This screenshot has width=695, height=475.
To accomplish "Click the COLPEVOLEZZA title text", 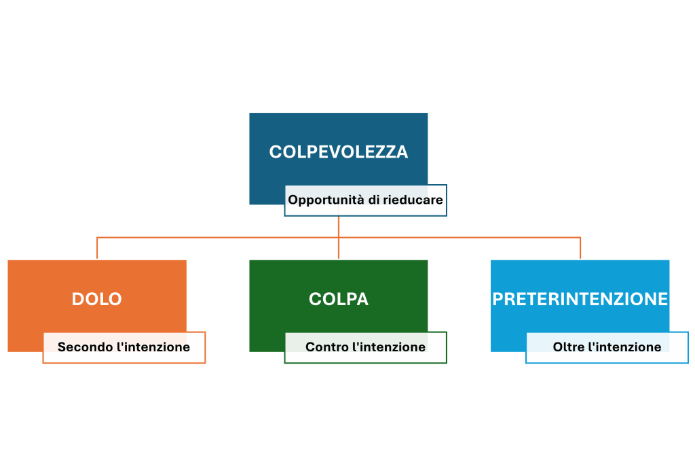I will coord(339,152).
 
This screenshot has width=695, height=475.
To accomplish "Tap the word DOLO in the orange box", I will coord(97,299).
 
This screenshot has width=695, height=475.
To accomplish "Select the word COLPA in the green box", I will coord(339,299).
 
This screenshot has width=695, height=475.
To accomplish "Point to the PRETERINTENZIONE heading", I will coord(580,299).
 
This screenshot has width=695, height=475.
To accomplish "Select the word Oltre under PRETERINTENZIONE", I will coord(568,347).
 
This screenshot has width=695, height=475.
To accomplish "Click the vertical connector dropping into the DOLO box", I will coord(98,248).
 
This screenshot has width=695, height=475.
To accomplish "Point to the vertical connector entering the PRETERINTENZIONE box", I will coord(581,248).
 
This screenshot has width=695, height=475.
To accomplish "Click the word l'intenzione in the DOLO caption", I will coord(153,347).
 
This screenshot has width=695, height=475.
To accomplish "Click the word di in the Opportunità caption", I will coord(375,200).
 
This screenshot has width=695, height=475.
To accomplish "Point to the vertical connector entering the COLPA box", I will coord(339,248).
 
